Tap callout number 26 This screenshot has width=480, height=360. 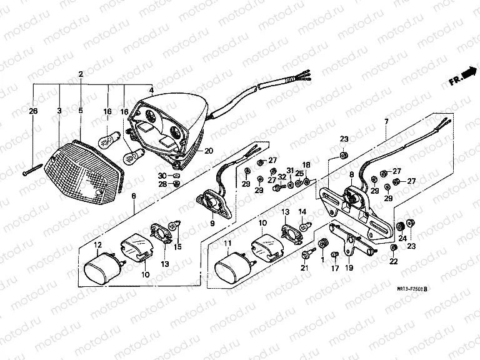(x=33, y=111)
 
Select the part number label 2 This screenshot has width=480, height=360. (x=81, y=74)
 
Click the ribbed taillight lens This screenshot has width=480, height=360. (x=81, y=172)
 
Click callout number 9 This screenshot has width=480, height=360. (x=212, y=222)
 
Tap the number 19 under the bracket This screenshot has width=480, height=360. (x=349, y=268)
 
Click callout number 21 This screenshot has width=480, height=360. (x=304, y=268)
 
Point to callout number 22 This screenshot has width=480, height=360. (x=393, y=262)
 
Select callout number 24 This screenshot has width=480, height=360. (x=402, y=237)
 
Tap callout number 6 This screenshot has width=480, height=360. (x=133, y=196)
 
